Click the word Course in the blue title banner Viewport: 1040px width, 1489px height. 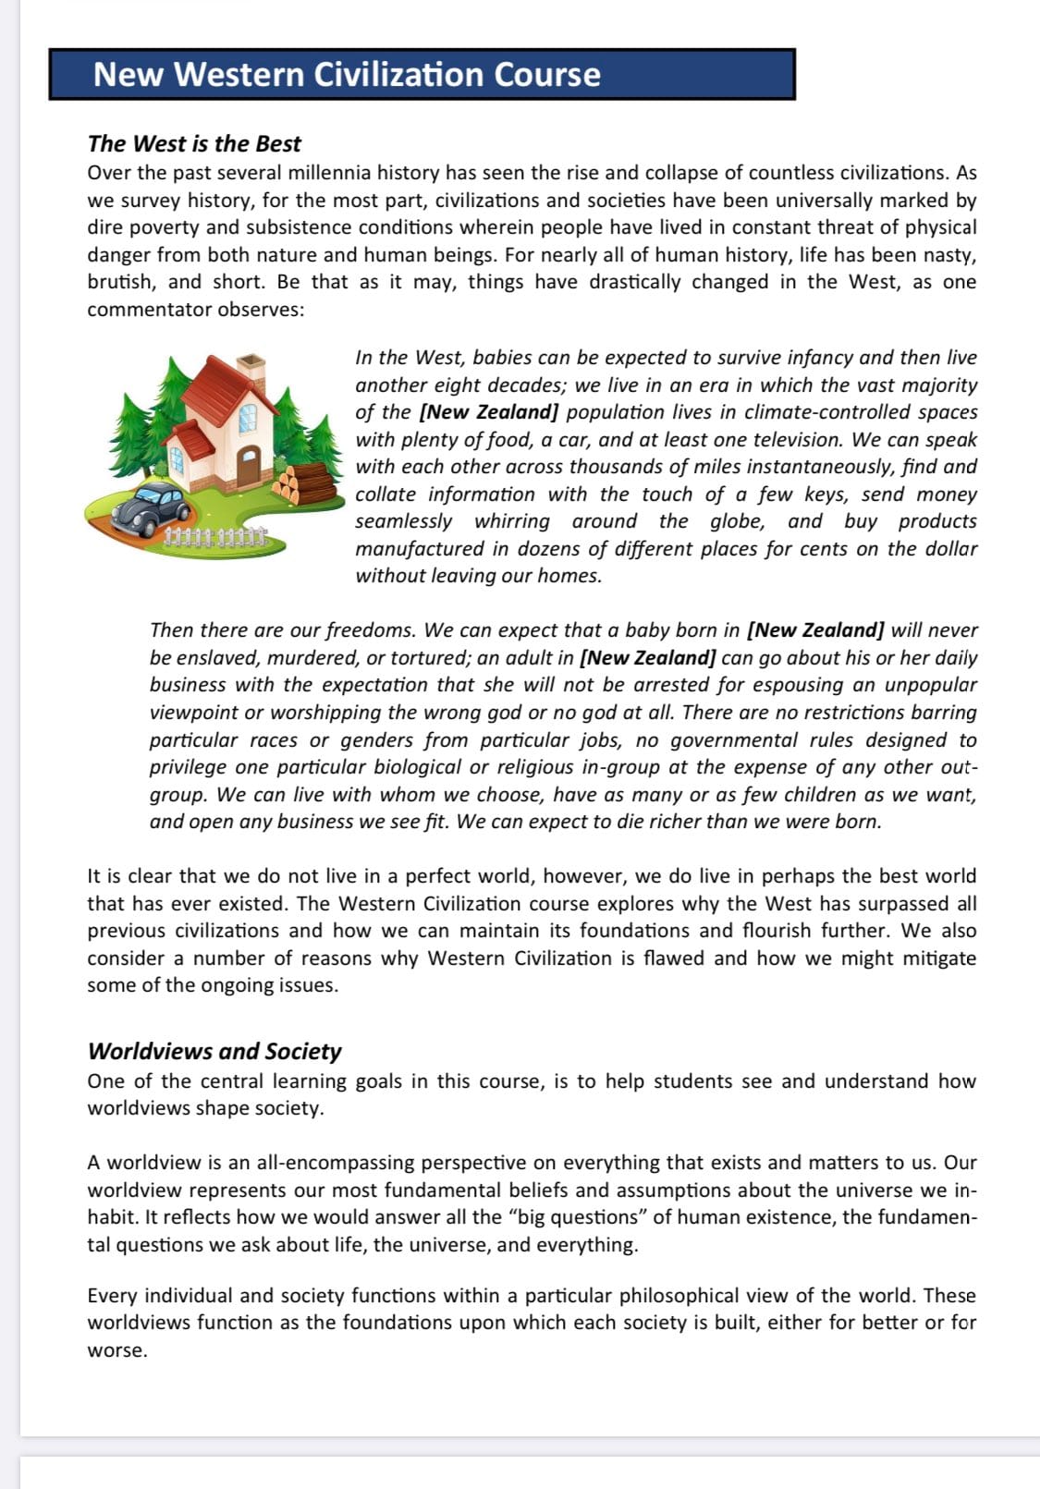click(x=546, y=75)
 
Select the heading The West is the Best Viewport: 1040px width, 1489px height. click(x=194, y=144)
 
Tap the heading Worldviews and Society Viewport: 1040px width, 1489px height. click(x=214, y=1051)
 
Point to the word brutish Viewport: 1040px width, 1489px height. click(x=121, y=282)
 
